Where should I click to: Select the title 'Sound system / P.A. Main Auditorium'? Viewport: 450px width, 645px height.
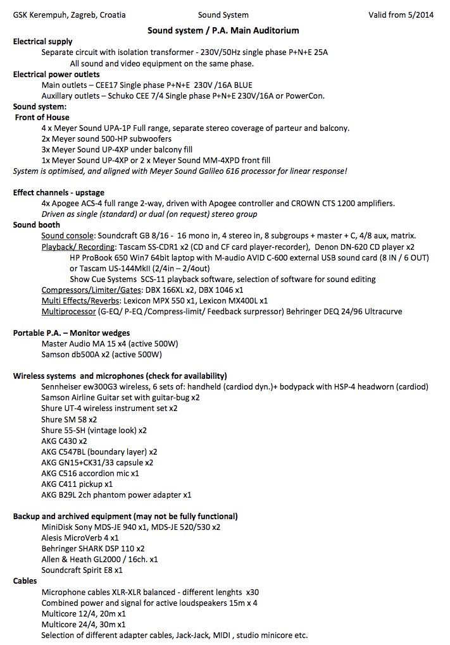(223, 30)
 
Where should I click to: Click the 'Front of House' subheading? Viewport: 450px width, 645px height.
(42, 117)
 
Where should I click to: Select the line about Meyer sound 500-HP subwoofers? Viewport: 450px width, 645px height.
(106, 138)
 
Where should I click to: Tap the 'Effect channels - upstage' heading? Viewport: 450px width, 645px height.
(59, 192)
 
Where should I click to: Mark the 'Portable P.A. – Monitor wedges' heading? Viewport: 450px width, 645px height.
(72, 333)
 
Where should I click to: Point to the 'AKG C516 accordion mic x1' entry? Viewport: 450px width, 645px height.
(91, 473)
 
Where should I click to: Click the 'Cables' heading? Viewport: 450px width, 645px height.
(25, 580)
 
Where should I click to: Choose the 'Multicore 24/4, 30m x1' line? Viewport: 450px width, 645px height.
(84, 624)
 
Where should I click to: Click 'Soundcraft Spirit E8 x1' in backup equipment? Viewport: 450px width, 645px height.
(82, 570)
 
